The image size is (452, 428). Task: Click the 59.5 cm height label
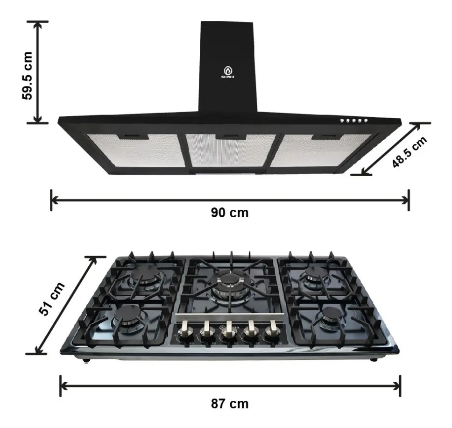point(27,76)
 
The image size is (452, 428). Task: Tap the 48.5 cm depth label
point(409,152)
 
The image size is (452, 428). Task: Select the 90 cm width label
point(229,213)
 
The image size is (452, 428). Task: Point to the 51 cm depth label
point(52,299)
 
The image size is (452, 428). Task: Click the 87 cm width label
point(229,404)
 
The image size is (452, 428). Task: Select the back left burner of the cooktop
point(145,275)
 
